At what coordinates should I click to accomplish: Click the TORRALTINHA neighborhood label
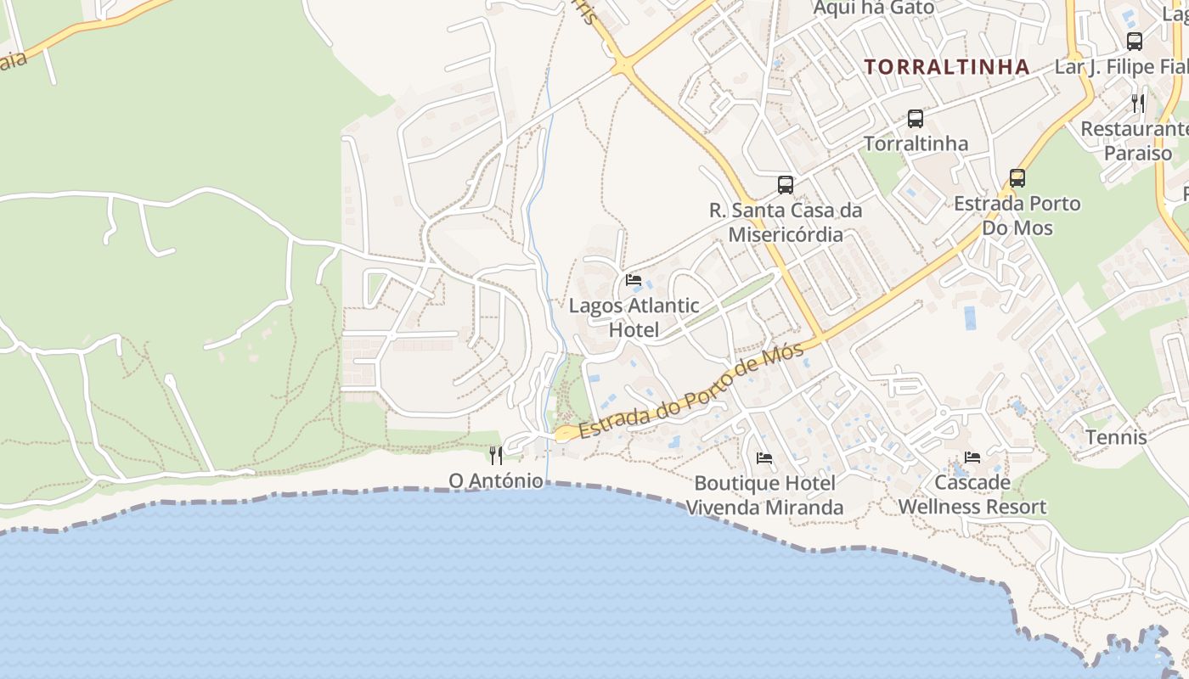coord(946,67)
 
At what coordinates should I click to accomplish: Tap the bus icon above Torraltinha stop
coord(915,119)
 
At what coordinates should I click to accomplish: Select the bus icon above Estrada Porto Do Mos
coord(1017,178)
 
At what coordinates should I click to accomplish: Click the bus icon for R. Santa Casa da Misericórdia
coord(786,184)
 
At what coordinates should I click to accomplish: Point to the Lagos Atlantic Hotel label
coord(634,317)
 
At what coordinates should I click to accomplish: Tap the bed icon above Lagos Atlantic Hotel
coord(634,280)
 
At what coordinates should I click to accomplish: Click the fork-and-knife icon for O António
coord(496,456)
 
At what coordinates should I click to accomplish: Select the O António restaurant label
coord(496,480)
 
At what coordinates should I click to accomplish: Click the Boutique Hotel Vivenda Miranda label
coord(764,496)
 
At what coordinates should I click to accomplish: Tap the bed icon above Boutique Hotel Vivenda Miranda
coord(764,458)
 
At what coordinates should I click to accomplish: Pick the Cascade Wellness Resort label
coord(972,496)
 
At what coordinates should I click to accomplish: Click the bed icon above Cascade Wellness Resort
coord(972,457)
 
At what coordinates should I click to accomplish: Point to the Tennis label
coord(1116,438)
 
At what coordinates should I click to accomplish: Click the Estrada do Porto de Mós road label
coord(692,391)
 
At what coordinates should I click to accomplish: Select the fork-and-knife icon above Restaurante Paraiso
coord(1138,104)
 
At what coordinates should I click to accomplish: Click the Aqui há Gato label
coord(873,8)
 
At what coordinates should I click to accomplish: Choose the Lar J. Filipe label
coord(1121,67)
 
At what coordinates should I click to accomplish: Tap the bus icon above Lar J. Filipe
coord(1134,41)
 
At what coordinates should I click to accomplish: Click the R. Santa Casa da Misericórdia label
coord(786,222)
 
